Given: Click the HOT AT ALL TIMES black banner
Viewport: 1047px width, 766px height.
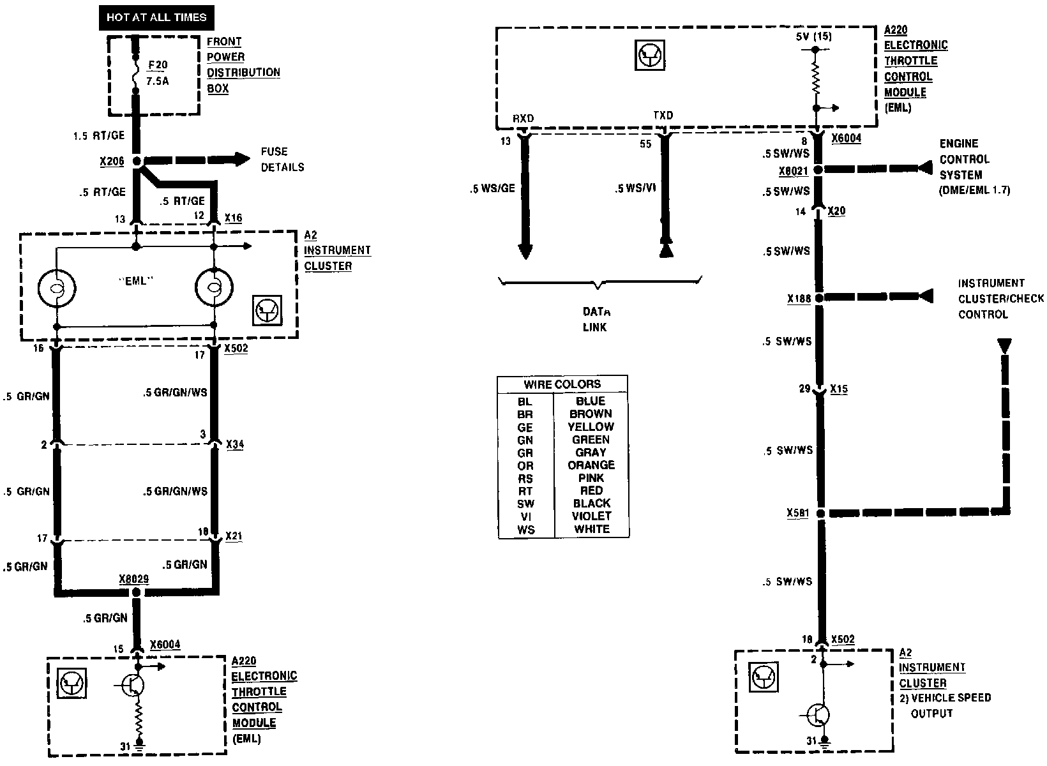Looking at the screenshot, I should tap(156, 17).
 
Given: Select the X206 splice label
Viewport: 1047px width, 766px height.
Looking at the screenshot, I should tap(112, 162).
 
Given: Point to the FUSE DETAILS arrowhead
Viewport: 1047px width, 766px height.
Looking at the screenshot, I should tap(242, 159).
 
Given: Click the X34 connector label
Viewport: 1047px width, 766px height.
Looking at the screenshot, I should tap(235, 444).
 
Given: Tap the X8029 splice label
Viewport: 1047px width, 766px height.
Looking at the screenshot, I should tap(134, 579).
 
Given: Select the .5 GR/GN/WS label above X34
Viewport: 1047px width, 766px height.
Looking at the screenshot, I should tap(176, 393).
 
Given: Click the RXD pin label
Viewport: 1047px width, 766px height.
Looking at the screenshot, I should tap(523, 119).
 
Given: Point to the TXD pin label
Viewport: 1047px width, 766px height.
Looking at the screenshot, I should tap(663, 116).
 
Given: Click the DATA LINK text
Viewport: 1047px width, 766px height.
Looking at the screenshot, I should tap(595, 320).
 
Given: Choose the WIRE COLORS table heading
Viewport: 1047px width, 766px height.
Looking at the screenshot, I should tap(562, 384).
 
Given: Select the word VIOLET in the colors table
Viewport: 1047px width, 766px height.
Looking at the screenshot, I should tap(592, 516).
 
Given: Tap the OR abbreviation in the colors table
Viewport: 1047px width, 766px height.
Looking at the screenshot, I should tap(525, 466).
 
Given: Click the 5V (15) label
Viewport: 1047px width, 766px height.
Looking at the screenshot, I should tap(814, 36).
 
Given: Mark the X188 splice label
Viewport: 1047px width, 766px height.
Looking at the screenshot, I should tap(799, 298).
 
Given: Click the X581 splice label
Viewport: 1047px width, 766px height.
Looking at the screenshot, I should tap(798, 513).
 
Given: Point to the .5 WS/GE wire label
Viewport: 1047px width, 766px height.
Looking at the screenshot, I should tap(492, 188).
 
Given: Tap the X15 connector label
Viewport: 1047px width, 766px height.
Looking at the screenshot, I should tap(839, 389).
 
